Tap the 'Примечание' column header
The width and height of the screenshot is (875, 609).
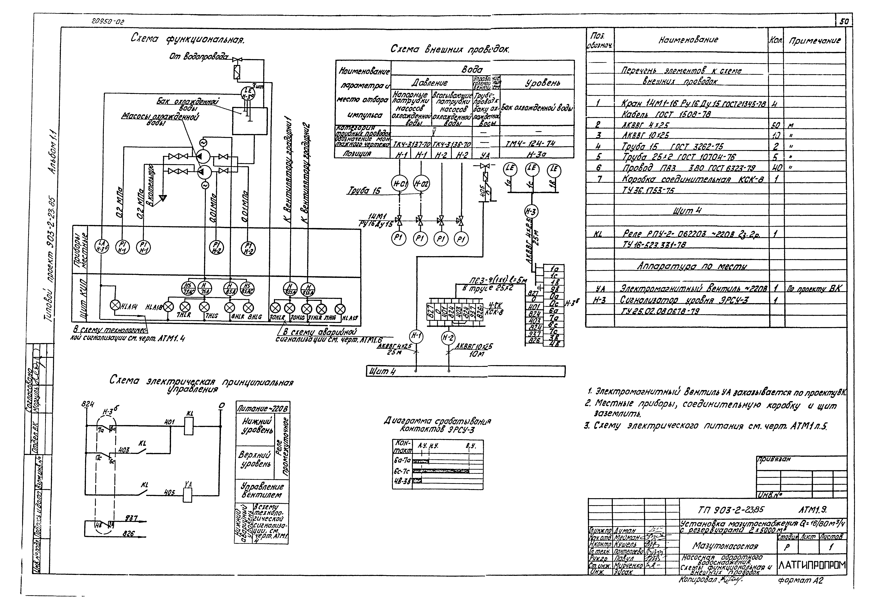[x=814, y=40]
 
